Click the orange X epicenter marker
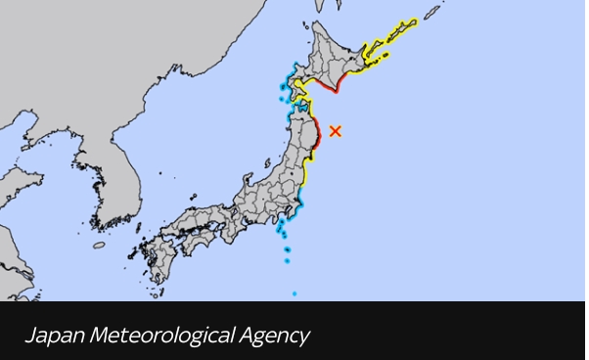pyautogui.click(x=336, y=130)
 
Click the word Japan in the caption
pyautogui.click(x=45, y=336)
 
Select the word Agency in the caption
pyautogui.click(x=273, y=337)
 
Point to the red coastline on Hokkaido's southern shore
pyautogui.click(x=333, y=87)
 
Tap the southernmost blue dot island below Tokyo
pyautogui.click(x=294, y=292)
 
